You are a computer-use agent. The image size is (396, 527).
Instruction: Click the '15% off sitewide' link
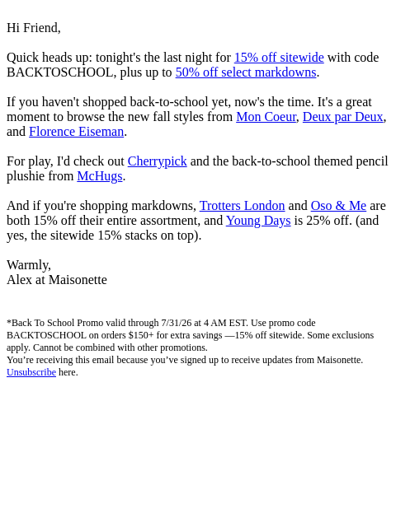[x=279, y=58]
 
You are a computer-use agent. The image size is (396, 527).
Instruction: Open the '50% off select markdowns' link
[x=246, y=72]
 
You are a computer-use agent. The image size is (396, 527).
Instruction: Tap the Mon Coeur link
[x=266, y=117]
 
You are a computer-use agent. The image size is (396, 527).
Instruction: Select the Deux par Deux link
[x=343, y=117]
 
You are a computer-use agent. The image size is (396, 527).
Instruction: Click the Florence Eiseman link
[x=77, y=132]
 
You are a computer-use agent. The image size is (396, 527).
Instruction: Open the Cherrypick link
[x=158, y=161]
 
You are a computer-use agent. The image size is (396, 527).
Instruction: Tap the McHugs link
[x=100, y=175]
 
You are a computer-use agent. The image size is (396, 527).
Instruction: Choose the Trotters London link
[x=242, y=205]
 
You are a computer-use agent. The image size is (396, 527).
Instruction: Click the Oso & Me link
[x=338, y=205]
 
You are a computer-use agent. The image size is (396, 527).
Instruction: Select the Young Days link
[x=258, y=220]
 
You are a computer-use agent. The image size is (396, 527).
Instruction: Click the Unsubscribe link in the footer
[x=31, y=372]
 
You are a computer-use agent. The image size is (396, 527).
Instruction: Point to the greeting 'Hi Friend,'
[x=34, y=28]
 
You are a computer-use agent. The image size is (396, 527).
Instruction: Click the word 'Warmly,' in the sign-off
[x=29, y=265]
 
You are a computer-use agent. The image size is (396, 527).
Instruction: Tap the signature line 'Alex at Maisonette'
[x=57, y=280]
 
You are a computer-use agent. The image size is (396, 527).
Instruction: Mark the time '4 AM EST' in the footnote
[x=224, y=323]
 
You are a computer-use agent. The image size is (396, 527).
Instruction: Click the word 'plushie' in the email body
[x=25, y=175]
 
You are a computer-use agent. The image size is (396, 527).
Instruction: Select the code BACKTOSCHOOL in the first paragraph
[x=59, y=72]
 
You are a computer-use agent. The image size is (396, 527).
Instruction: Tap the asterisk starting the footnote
[x=9, y=322]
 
